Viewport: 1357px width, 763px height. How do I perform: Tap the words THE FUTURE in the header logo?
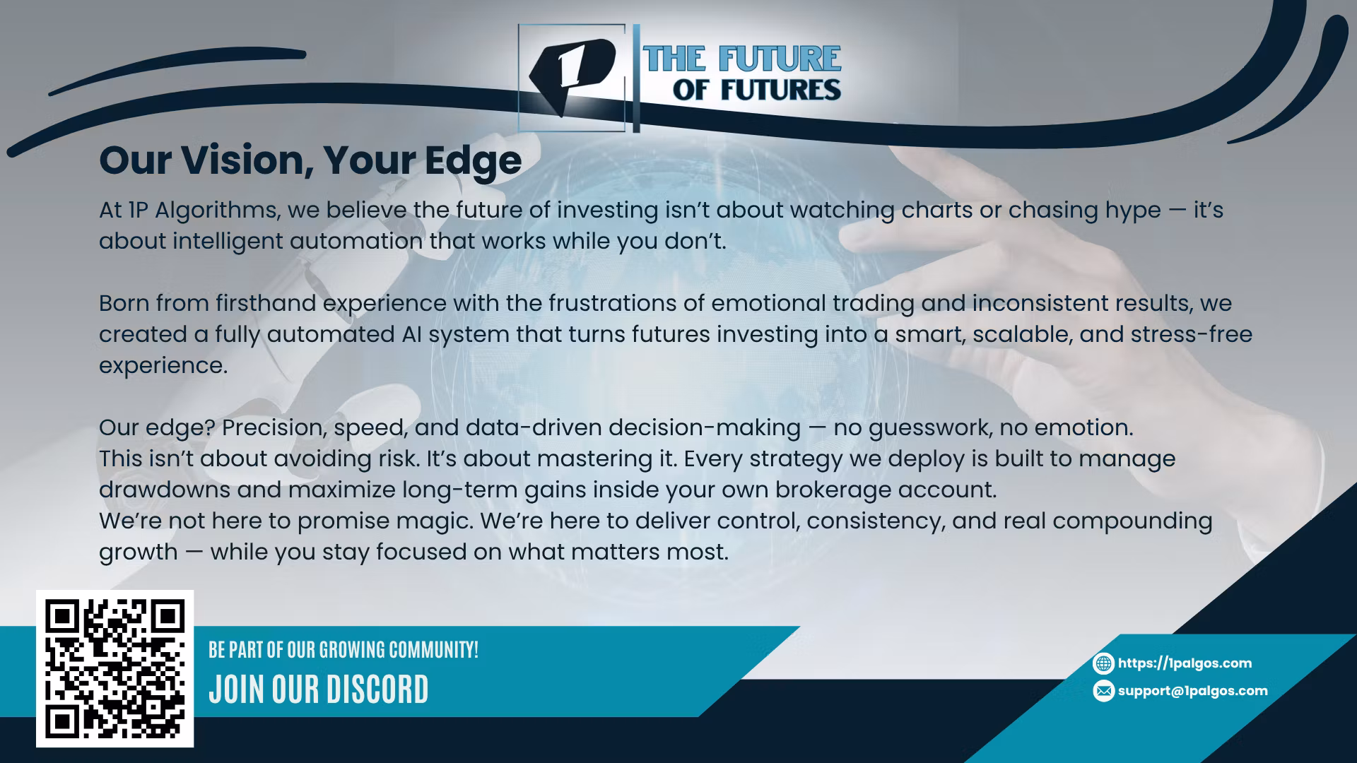click(742, 59)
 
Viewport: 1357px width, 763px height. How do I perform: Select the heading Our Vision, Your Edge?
click(310, 160)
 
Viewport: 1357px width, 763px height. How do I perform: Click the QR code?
click(115, 668)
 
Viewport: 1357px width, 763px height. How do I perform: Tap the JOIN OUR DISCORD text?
click(319, 689)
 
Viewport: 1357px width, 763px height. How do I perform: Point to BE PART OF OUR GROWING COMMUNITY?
click(343, 650)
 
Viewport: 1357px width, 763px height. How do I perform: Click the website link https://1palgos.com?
click(1185, 663)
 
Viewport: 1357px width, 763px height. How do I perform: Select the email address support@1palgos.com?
click(1193, 690)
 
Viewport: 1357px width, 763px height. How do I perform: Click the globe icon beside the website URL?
click(1103, 663)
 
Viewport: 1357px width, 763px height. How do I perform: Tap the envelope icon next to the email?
click(1103, 691)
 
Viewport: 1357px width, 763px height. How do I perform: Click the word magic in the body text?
click(383, 521)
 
